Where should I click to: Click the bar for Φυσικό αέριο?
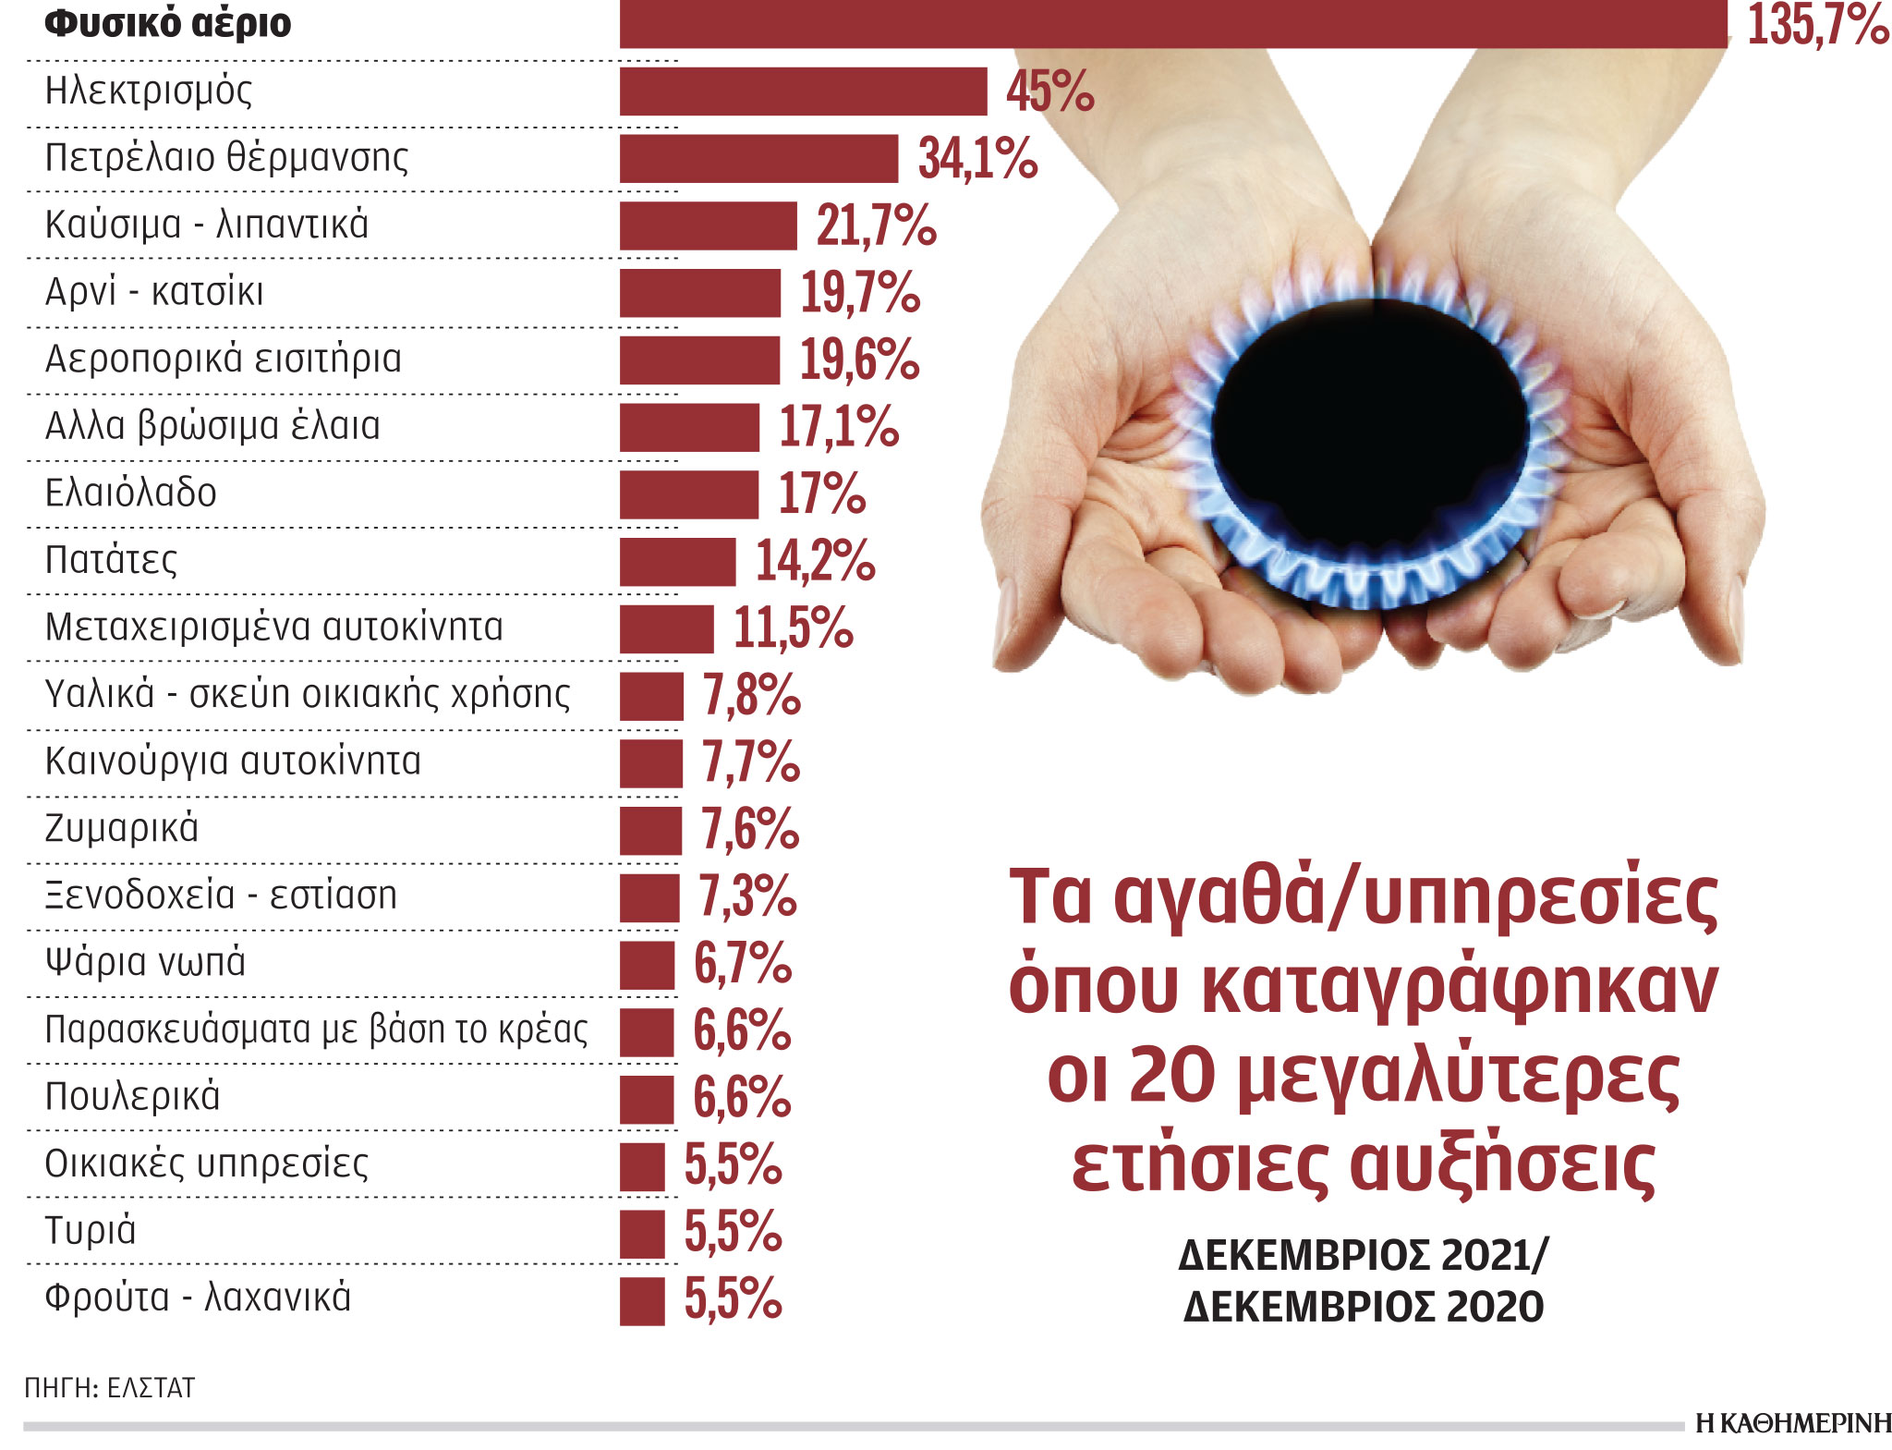coord(1173,23)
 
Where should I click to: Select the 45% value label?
coord(1049,91)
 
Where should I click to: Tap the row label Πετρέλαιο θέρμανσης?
coord(226,157)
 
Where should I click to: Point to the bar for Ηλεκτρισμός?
coord(803,91)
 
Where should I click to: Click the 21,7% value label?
coord(876,225)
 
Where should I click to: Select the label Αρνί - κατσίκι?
coord(154,292)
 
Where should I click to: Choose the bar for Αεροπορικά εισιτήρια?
coord(699,359)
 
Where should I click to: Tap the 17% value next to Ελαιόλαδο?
coord(821,493)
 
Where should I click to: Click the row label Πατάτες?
coord(111,560)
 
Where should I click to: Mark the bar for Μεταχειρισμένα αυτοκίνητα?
coord(666,628)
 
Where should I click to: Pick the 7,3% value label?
coord(746,896)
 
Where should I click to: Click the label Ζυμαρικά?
coord(121,828)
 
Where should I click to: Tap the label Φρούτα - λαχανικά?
coord(198,1298)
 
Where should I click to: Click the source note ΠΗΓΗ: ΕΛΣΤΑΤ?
coord(110,1387)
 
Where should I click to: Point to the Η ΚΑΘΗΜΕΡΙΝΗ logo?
coord(1792,1423)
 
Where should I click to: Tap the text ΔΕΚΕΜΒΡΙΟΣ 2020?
coord(1364,1307)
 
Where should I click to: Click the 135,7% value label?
coord(1817,25)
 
